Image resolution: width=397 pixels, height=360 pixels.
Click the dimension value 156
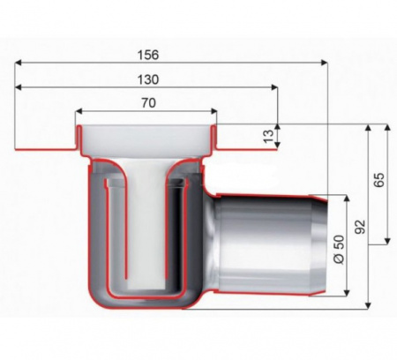[148, 55]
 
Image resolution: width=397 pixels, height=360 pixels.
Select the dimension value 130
[148, 79]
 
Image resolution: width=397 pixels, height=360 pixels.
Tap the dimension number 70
[148, 103]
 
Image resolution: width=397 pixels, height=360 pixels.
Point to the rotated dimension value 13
[268, 136]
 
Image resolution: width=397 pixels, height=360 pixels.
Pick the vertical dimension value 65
[378, 180]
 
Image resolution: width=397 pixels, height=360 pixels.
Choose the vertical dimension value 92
[360, 227]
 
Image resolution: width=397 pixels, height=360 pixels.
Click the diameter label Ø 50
[339, 250]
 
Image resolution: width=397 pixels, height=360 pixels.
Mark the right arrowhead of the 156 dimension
[324, 63]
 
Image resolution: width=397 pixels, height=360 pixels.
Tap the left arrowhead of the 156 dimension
[19, 63]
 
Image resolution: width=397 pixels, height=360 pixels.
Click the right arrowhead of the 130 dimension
[274, 87]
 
